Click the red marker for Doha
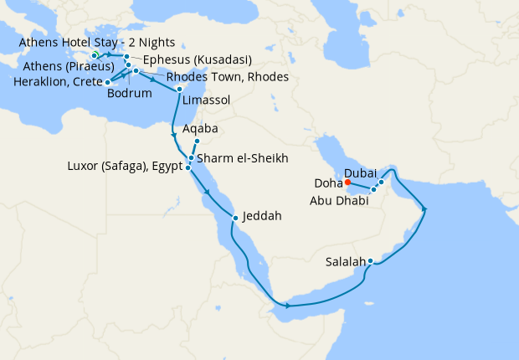tap(347, 182)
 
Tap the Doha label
tap(327, 182)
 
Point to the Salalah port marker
tap(370, 260)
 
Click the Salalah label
tap(346, 261)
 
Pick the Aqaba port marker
tap(197, 141)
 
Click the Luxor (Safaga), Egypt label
tap(125, 167)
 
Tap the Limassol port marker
tap(180, 88)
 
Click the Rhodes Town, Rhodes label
tap(228, 77)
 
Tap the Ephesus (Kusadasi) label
tap(198, 60)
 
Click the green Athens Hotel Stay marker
tap(95, 55)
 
